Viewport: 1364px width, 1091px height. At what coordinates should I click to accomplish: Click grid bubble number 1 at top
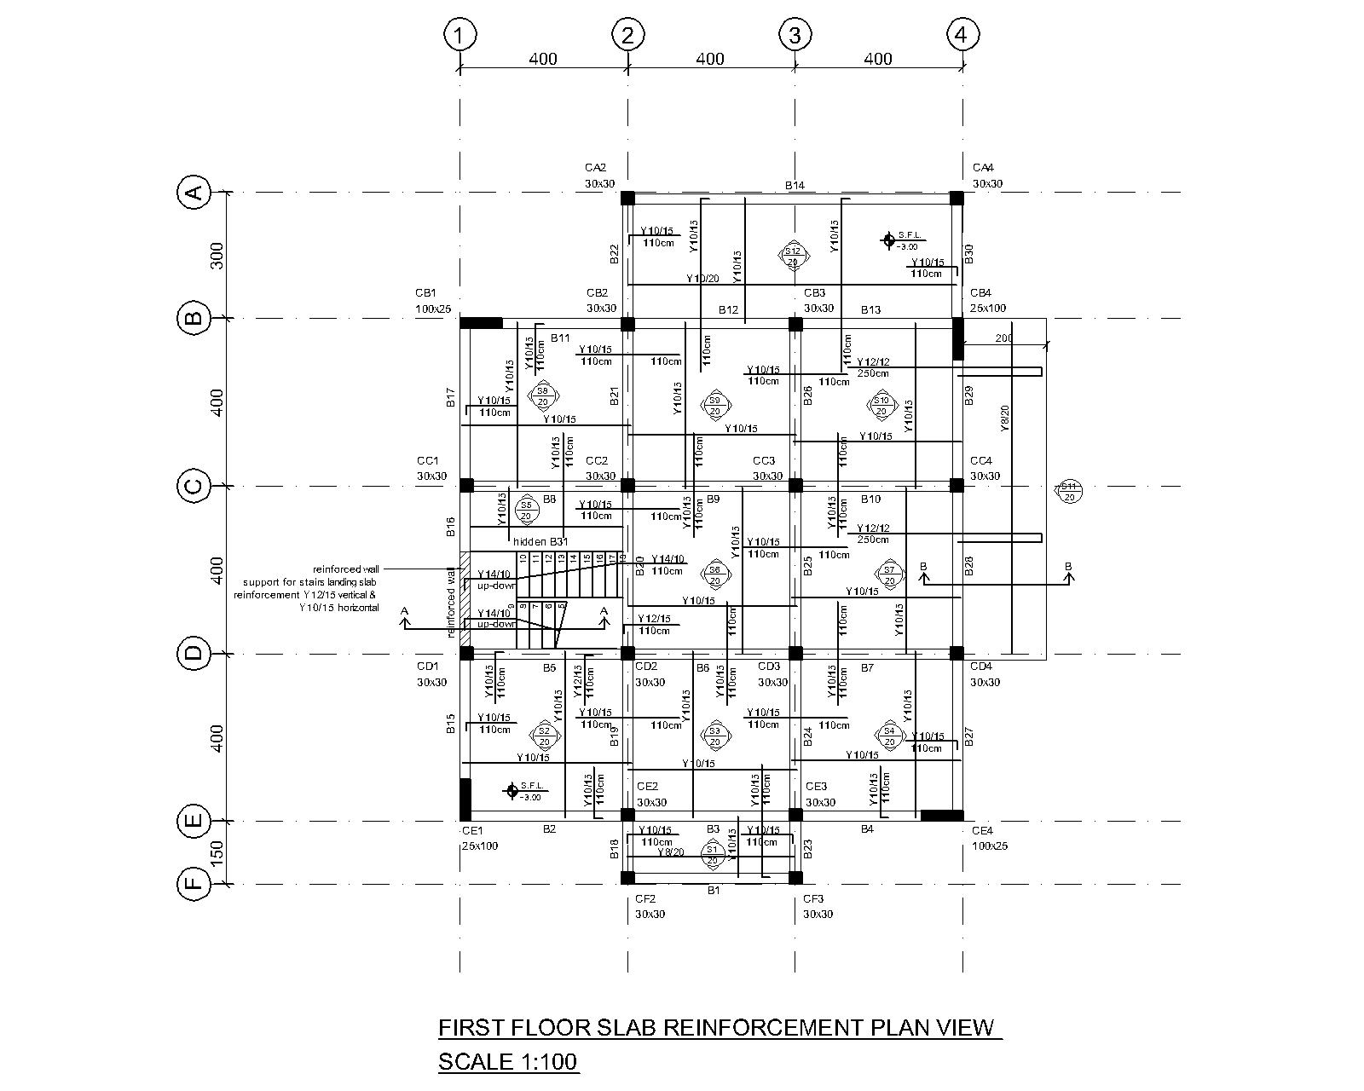459,36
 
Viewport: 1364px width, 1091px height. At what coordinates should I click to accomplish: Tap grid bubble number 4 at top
962,35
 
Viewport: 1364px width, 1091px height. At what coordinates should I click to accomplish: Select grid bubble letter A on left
194,193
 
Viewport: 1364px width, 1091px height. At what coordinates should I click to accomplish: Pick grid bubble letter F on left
194,883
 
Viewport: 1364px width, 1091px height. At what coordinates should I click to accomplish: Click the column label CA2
595,168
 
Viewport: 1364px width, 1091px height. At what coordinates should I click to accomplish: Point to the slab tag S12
793,255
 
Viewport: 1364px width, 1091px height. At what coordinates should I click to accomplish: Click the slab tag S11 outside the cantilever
1068,491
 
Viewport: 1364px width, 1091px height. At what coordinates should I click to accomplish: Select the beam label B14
795,186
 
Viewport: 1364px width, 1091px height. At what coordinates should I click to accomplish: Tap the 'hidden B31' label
540,541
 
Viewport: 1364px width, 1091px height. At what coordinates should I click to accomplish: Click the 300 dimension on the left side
217,256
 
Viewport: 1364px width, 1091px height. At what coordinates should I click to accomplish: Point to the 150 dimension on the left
217,852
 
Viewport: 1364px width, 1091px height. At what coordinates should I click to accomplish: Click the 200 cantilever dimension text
1003,338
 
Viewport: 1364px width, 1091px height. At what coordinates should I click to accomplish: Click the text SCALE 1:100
508,1062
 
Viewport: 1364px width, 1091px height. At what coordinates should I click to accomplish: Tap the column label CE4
982,831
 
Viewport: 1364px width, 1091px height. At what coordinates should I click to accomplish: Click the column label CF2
645,899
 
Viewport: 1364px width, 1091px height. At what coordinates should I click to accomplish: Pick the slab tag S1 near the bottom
712,854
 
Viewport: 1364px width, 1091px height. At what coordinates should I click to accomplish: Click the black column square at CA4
957,198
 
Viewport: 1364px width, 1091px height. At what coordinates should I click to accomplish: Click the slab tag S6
715,574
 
